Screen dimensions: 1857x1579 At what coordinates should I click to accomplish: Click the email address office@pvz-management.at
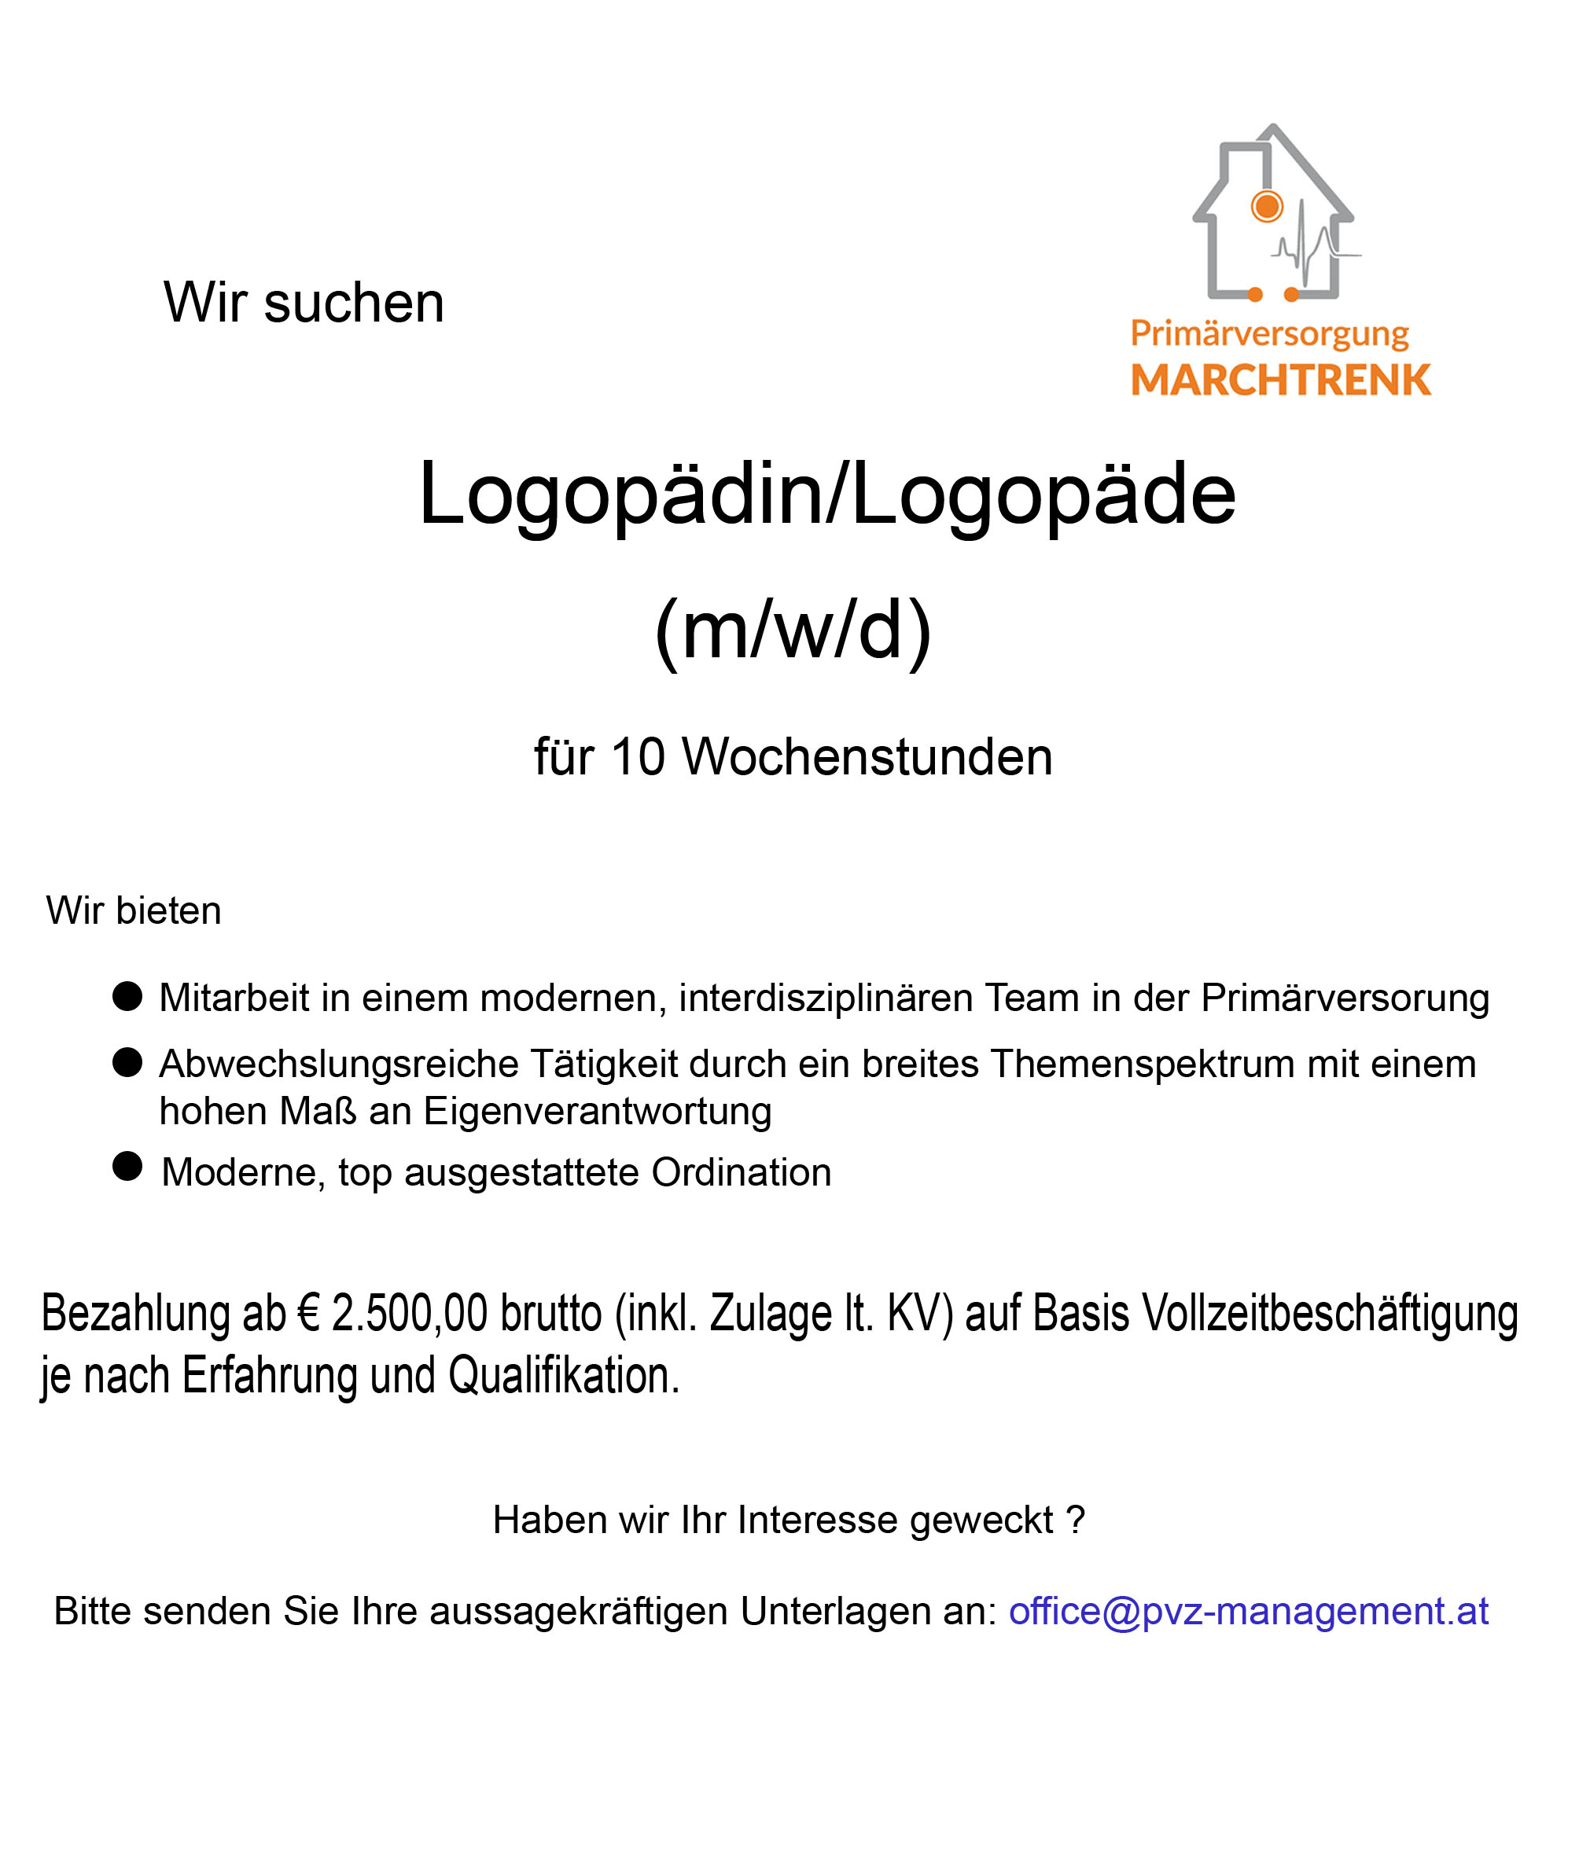pos(1248,1612)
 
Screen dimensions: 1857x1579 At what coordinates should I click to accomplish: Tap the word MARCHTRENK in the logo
pos(1280,381)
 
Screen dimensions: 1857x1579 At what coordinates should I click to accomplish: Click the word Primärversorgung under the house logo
pos(1268,334)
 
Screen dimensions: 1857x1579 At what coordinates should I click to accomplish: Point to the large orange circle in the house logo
pos(1267,207)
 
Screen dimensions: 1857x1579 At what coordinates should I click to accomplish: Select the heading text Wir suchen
pos(304,303)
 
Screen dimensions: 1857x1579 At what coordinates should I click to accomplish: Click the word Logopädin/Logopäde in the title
pos(826,494)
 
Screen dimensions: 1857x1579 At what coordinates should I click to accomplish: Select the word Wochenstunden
pos(867,757)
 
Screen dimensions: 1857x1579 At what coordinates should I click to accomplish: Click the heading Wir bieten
pos(134,911)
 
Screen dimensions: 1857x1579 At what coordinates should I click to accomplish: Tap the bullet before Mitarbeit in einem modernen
pos(128,996)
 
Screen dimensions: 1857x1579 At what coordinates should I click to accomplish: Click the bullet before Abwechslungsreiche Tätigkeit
pos(128,1062)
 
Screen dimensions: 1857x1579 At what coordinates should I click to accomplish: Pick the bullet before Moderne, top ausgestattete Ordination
pos(128,1166)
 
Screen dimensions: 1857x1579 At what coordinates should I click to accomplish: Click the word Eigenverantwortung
pos(597,1112)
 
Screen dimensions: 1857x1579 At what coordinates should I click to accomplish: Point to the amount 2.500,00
pos(409,1313)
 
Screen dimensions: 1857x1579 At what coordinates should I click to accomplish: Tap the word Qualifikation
pos(564,1376)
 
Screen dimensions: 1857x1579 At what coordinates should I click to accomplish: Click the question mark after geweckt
pos(1075,1521)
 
